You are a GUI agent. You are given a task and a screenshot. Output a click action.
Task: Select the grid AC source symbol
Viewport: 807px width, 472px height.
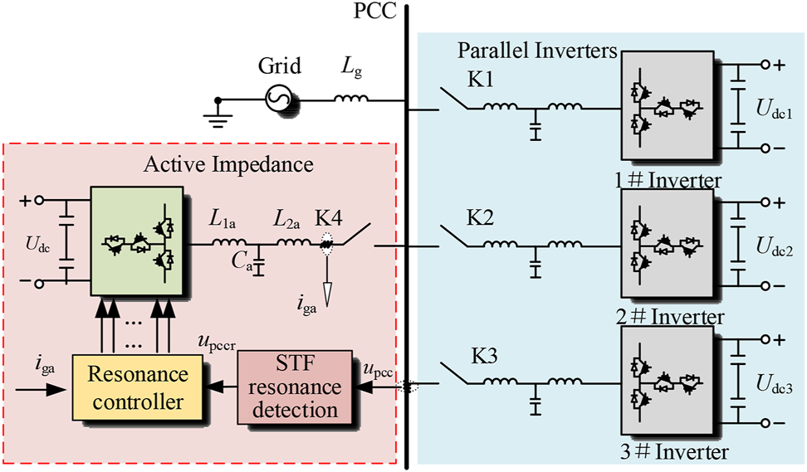[276, 100]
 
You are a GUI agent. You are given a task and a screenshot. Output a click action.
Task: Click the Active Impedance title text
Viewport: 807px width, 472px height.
[228, 164]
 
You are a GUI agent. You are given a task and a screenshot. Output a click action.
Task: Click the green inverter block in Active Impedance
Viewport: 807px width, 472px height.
[140, 240]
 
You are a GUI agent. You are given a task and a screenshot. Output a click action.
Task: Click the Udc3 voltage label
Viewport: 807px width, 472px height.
[773, 385]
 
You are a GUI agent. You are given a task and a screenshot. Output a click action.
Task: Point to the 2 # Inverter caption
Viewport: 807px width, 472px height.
[672, 316]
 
